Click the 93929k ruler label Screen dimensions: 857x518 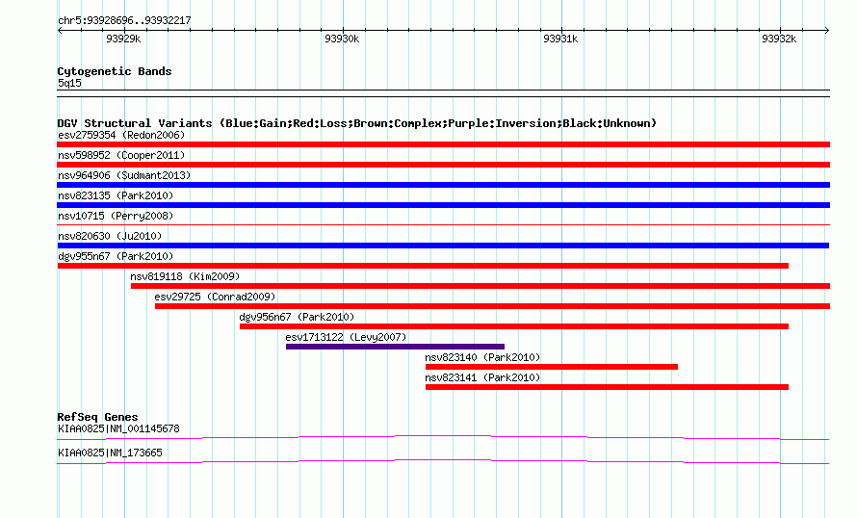123,39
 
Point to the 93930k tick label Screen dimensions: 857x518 342,39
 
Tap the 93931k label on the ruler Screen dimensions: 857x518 560,39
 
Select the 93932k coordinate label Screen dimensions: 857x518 779,39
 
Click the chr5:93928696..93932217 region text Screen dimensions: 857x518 124,21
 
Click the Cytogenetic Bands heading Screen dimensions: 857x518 115,71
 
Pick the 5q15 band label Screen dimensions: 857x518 69,83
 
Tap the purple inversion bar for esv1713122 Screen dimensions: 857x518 395,347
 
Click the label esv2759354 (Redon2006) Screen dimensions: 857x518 121,135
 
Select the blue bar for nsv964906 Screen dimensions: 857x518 443,185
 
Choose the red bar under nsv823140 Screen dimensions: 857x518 552,367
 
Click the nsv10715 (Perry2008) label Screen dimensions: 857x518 116,216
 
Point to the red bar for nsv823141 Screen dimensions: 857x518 607,387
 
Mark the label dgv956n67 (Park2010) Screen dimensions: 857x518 297,317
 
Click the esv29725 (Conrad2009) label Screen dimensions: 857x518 215,297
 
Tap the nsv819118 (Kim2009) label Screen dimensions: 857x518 185,276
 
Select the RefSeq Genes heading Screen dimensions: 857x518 97,417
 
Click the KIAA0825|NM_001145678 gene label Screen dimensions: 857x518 118,428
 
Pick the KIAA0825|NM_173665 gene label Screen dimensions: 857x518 110,453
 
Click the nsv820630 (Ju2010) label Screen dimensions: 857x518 110,236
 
